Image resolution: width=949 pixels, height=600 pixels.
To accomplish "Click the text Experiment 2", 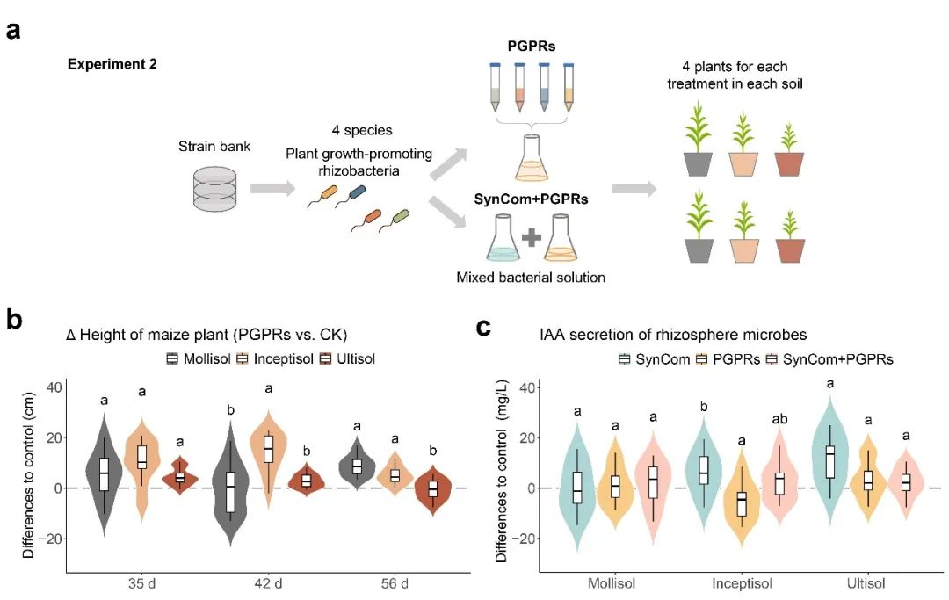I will point(112,64).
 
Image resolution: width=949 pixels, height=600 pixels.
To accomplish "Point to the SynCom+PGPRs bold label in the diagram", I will point(531,199).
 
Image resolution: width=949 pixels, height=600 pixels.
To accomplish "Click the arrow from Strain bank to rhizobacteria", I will point(273,188).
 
